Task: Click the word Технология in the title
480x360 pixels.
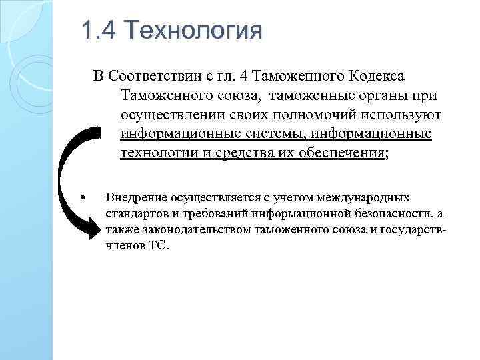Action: (x=193, y=31)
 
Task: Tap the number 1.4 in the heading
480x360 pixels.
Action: (x=98, y=31)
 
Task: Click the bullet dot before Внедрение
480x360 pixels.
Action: (x=81, y=198)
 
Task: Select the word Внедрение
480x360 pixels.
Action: (x=136, y=198)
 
